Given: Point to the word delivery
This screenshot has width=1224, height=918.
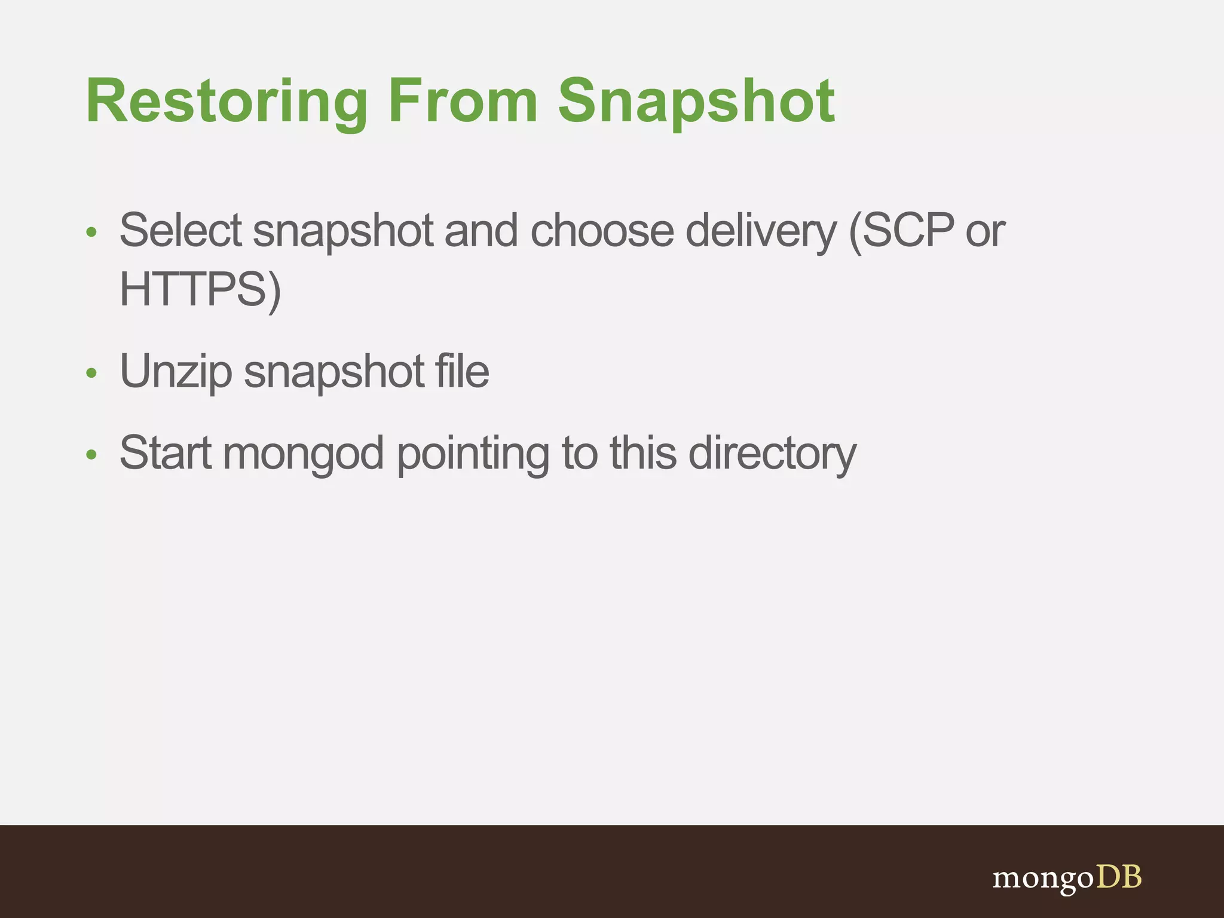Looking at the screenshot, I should point(761,232).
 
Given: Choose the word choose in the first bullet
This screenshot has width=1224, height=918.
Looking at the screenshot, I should point(602,231).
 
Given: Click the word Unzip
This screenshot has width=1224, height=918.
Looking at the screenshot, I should point(175,372).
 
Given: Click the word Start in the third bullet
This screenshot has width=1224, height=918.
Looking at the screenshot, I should point(166,453).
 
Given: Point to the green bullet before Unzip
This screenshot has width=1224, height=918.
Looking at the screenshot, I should point(91,374).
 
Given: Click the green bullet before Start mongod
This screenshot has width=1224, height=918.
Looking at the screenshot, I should point(91,455).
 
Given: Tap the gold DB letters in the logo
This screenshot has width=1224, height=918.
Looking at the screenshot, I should point(1118,877).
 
